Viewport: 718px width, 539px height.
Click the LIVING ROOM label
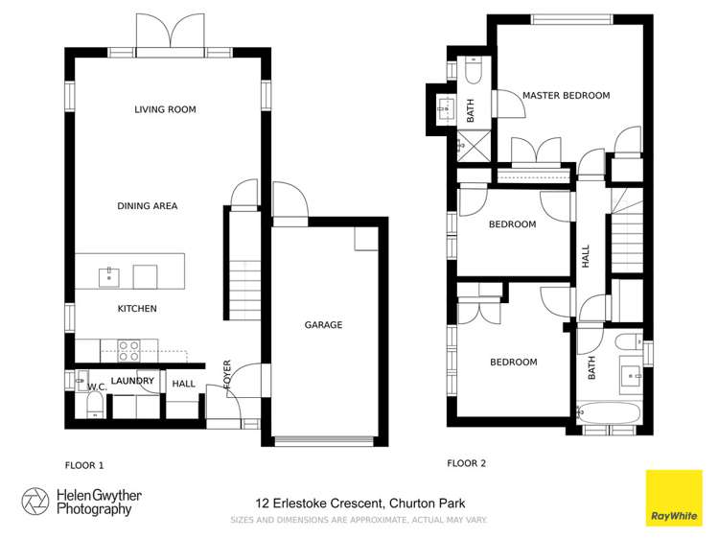click(165, 110)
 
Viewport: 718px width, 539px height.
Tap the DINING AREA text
click(147, 206)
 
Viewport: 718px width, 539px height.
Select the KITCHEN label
click(137, 309)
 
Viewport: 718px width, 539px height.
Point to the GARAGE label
click(323, 325)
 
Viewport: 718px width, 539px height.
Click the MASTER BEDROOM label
click(566, 96)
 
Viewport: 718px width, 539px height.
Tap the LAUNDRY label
click(132, 381)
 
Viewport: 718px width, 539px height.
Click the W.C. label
click(96, 387)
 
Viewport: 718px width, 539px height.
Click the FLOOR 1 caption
click(83, 465)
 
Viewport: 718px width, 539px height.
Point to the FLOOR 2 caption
click(466, 463)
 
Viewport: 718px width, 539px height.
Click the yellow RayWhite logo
click(673, 498)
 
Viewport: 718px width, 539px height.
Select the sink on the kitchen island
click(108, 277)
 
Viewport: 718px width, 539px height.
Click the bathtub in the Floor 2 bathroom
click(610, 412)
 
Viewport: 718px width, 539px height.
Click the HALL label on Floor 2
click(586, 256)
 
